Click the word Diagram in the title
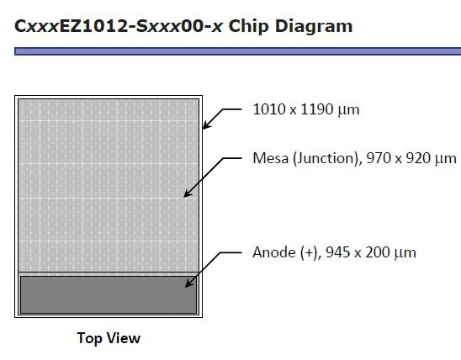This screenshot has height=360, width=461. click(314, 27)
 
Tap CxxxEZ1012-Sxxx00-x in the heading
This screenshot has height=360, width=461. click(118, 26)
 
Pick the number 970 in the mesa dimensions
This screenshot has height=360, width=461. click(379, 158)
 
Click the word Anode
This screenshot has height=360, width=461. click(274, 252)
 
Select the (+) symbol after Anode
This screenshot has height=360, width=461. click(310, 252)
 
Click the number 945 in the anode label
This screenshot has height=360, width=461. click(338, 252)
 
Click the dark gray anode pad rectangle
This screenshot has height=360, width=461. click(109, 294)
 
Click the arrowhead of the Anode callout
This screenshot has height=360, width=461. click(189, 283)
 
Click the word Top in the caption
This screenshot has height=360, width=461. click(89, 338)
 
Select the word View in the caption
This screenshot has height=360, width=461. click(124, 338)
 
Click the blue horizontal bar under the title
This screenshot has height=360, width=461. click(237, 51)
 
